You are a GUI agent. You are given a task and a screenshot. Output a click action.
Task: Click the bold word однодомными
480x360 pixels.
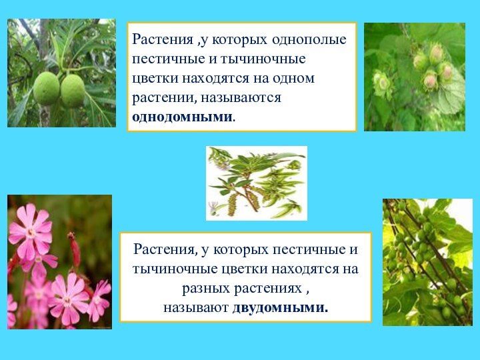pyautogui.click(x=183, y=117)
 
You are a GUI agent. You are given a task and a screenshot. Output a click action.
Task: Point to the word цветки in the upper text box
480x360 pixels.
pyautogui.click(x=153, y=78)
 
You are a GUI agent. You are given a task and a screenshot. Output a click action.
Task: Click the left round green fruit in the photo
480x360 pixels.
pyautogui.click(x=47, y=89)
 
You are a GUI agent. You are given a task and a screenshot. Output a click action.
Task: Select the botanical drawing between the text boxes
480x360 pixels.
pyautogui.click(x=257, y=183)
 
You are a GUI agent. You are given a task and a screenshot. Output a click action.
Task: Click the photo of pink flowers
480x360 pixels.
pyautogui.click(x=59, y=261)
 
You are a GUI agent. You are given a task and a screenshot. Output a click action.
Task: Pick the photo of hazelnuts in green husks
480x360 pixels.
pyautogui.click(x=414, y=76)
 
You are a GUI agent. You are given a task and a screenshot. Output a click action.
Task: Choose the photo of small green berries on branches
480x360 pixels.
pyautogui.click(x=427, y=262)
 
